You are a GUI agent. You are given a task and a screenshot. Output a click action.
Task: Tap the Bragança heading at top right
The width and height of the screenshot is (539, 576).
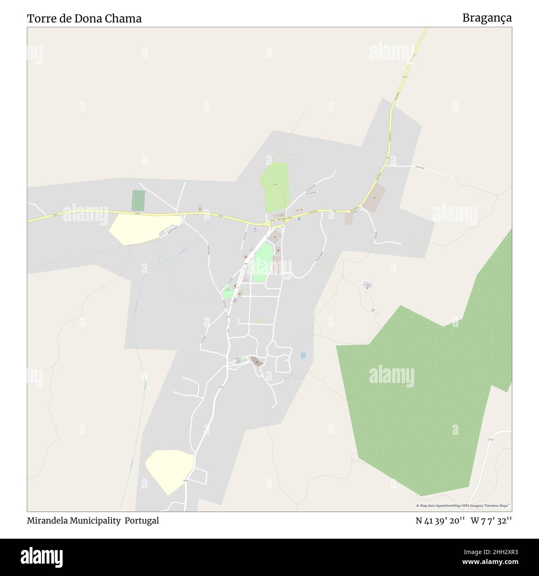tap(487, 18)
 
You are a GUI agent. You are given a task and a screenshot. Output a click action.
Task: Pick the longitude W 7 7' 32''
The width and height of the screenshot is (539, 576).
tap(491, 521)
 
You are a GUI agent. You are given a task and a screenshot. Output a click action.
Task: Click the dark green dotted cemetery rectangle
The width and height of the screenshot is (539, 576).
tap(138, 200)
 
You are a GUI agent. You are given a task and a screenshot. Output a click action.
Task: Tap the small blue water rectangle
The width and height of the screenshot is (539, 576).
tap(303, 355)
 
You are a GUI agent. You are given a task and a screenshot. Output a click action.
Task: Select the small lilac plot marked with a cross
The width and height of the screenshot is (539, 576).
tap(367, 285)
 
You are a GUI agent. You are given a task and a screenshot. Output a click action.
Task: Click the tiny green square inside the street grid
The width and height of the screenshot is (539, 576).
tap(259, 320)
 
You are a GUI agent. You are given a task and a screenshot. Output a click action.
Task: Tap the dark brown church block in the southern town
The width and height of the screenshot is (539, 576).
tap(257, 361)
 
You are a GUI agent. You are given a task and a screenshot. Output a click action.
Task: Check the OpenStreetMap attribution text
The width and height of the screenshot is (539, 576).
tap(463, 506)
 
